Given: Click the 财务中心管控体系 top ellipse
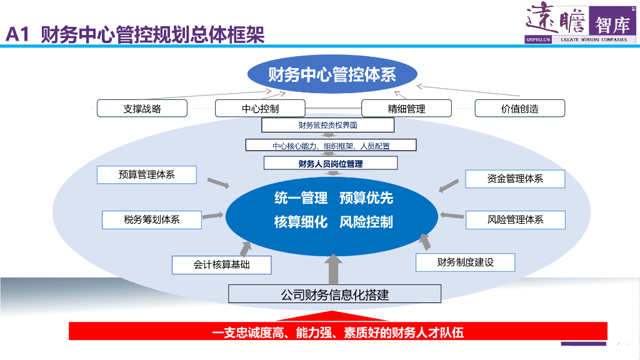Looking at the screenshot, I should [332, 75].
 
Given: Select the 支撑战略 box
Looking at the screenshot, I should [142, 108].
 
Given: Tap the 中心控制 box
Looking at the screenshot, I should [260, 108].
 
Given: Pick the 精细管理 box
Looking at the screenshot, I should [406, 108].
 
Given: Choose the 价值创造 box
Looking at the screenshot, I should [519, 108].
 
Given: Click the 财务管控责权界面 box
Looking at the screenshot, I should [327, 125].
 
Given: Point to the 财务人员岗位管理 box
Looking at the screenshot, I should [331, 163].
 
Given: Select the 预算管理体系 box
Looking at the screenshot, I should [147, 175].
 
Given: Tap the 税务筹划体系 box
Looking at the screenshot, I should [152, 219].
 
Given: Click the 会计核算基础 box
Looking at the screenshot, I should [221, 264].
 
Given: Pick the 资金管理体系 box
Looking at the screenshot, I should [515, 179].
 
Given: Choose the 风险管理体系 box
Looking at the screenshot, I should [515, 219].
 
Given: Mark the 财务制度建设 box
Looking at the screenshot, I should [465, 262].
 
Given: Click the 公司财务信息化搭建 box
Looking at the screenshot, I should [334, 294].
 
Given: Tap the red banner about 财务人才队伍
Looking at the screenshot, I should [337, 332].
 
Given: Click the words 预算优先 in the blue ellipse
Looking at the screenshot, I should [366, 198].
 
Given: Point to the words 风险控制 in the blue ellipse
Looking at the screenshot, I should [366, 222].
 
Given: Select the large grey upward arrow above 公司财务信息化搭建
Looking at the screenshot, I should [334, 268].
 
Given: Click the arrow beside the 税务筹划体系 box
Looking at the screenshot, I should [212, 216].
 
